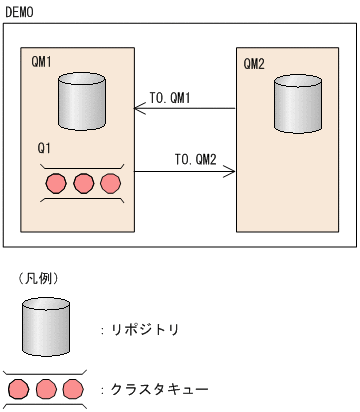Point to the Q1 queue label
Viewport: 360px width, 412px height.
[x=44, y=148]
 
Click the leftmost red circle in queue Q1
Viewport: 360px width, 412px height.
[x=56, y=184]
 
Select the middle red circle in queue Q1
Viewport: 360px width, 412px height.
[x=83, y=184]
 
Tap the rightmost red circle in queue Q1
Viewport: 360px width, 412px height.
[x=109, y=184]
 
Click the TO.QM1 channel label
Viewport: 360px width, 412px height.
[x=170, y=97]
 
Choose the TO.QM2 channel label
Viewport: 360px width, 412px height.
[x=195, y=159]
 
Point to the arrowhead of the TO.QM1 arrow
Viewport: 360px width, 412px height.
[x=138, y=109]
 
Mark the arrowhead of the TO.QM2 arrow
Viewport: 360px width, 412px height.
[x=231, y=172]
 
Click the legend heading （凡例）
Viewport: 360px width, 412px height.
[x=38, y=278]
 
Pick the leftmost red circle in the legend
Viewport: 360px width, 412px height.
[x=19, y=388]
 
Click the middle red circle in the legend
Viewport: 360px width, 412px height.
[x=45, y=388]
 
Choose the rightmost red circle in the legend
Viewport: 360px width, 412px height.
[x=71, y=388]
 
